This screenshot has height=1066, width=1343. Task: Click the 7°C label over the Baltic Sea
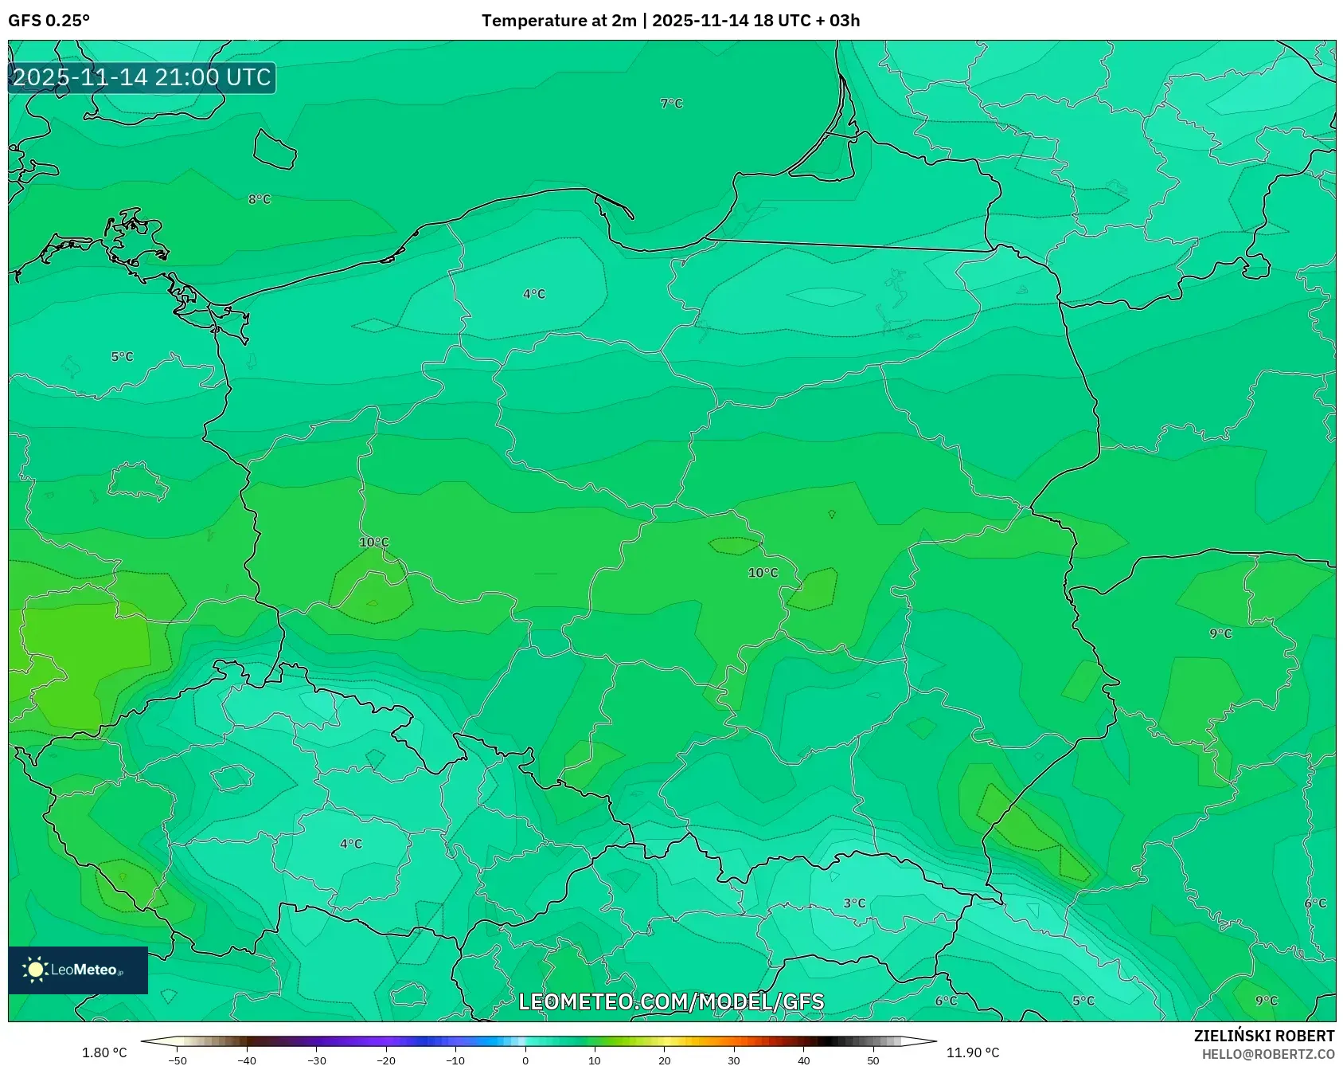click(671, 104)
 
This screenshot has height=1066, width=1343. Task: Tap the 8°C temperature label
click(260, 199)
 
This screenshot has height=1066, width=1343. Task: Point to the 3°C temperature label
click(854, 903)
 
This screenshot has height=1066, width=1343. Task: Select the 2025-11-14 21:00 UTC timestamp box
click(142, 77)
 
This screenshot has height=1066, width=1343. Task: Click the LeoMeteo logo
click(77, 970)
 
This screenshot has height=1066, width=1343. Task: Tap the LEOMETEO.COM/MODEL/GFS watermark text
click(671, 1001)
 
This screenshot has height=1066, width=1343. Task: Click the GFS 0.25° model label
click(49, 21)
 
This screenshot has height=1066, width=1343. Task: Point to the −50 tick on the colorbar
click(178, 1060)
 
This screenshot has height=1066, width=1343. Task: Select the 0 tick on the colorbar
click(525, 1060)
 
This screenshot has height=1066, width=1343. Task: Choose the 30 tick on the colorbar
click(734, 1060)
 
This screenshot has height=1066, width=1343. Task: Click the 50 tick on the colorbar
click(873, 1060)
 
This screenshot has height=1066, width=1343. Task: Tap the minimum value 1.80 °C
click(104, 1052)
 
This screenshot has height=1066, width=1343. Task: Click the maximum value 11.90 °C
click(972, 1052)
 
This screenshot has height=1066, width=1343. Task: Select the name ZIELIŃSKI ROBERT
click(1263, 1036)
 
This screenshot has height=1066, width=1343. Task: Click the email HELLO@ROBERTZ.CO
click(1267, 1054)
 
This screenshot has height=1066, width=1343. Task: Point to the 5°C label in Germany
click(122, 357)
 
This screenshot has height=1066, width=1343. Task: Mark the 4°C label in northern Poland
click(534, 294)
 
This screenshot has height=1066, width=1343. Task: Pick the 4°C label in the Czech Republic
click(351, 844)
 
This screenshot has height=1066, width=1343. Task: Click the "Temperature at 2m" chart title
click(559, 21)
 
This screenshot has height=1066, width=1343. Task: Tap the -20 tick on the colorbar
click(386, 1060)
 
